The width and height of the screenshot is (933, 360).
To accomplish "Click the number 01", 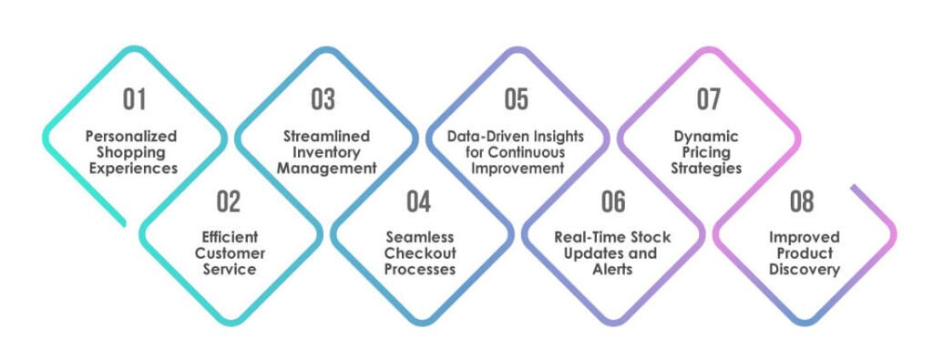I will pos(134,99).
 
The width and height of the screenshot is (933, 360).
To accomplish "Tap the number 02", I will pos(230,201).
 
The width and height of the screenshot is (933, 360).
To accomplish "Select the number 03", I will pos(323,99).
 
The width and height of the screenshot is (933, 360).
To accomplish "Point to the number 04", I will pos(419,201).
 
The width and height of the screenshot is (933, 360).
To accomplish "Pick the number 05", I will pos(517,99).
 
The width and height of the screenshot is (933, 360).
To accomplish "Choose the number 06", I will pos(612,201).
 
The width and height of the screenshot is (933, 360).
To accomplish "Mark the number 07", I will pos(709,99).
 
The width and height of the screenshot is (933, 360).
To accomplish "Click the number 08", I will pos(803,201).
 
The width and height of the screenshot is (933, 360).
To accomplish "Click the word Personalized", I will pos(131,136).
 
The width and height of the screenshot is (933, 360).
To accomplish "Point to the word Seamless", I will pos(419,237).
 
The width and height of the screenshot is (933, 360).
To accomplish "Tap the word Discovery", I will pos(803,270).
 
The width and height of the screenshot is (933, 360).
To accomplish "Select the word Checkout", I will pos(419,253).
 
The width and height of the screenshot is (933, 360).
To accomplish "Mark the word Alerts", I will pos(612,270).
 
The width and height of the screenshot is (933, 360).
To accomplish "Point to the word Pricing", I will pos(707,152).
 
